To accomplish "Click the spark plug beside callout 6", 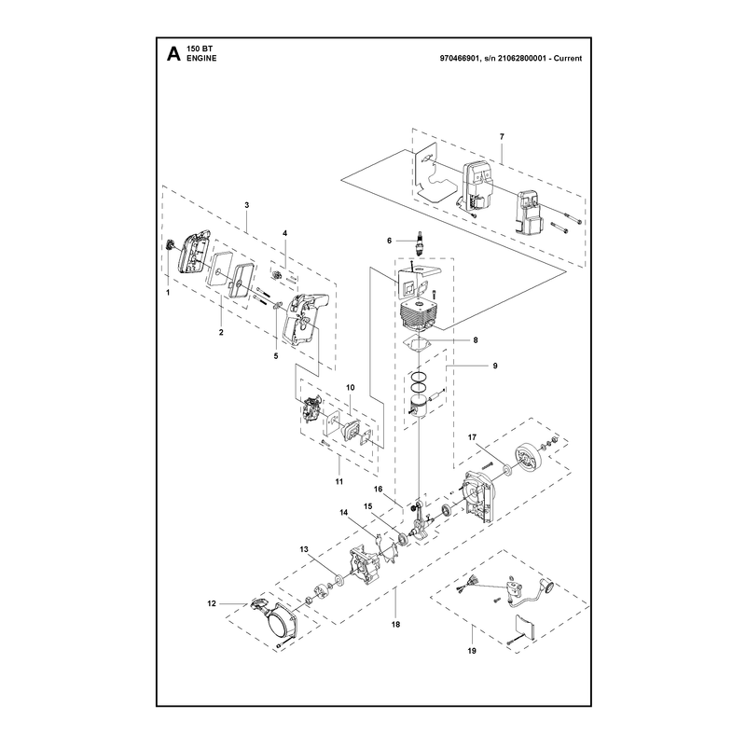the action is (420, 242).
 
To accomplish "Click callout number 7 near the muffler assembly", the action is (502, 136).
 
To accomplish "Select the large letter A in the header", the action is (173, 53).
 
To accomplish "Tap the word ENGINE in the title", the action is (201, 58).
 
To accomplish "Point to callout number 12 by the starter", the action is (212, 603).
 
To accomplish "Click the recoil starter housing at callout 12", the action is (278, 618).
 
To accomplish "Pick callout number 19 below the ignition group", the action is (472, 651).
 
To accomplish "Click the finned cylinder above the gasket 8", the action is (419, 314).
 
